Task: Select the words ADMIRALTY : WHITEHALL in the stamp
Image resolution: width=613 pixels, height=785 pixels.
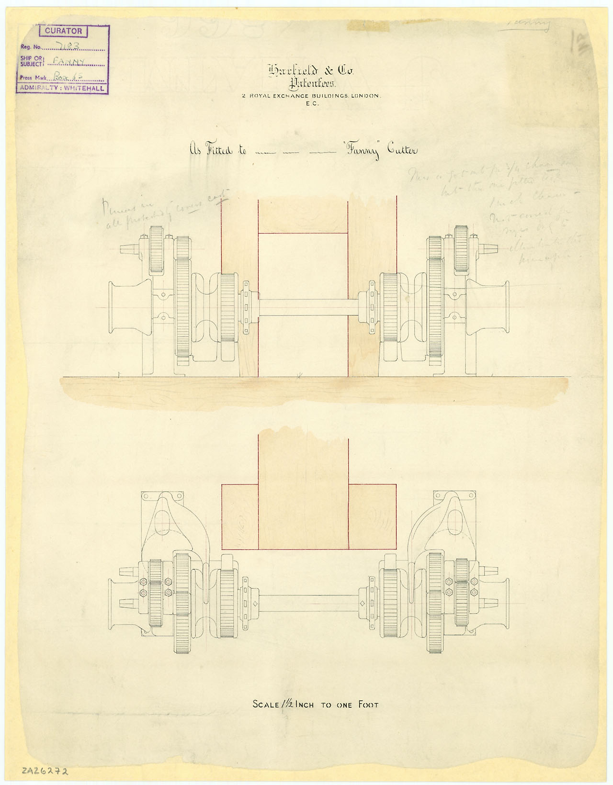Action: [63, 88]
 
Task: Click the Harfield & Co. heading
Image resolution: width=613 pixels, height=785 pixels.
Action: [310, 71]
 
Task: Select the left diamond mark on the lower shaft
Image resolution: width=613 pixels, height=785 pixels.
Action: [256, 603]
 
